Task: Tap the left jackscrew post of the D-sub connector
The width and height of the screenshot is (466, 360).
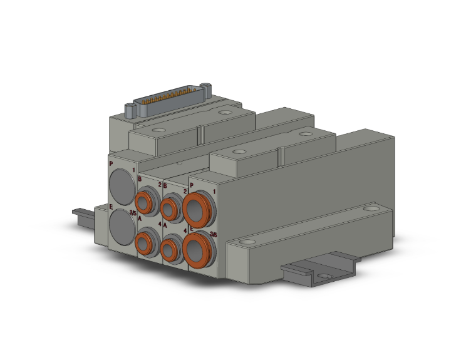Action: click(130, 111)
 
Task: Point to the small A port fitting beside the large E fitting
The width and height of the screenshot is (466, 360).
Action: click(171, 249)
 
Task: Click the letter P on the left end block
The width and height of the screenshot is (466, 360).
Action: click(111, 163)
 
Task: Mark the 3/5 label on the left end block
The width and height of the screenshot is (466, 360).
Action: click(132, 213)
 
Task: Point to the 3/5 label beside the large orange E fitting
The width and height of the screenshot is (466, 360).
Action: click(214, 234)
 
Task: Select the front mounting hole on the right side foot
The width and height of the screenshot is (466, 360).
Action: click(249, 241)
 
